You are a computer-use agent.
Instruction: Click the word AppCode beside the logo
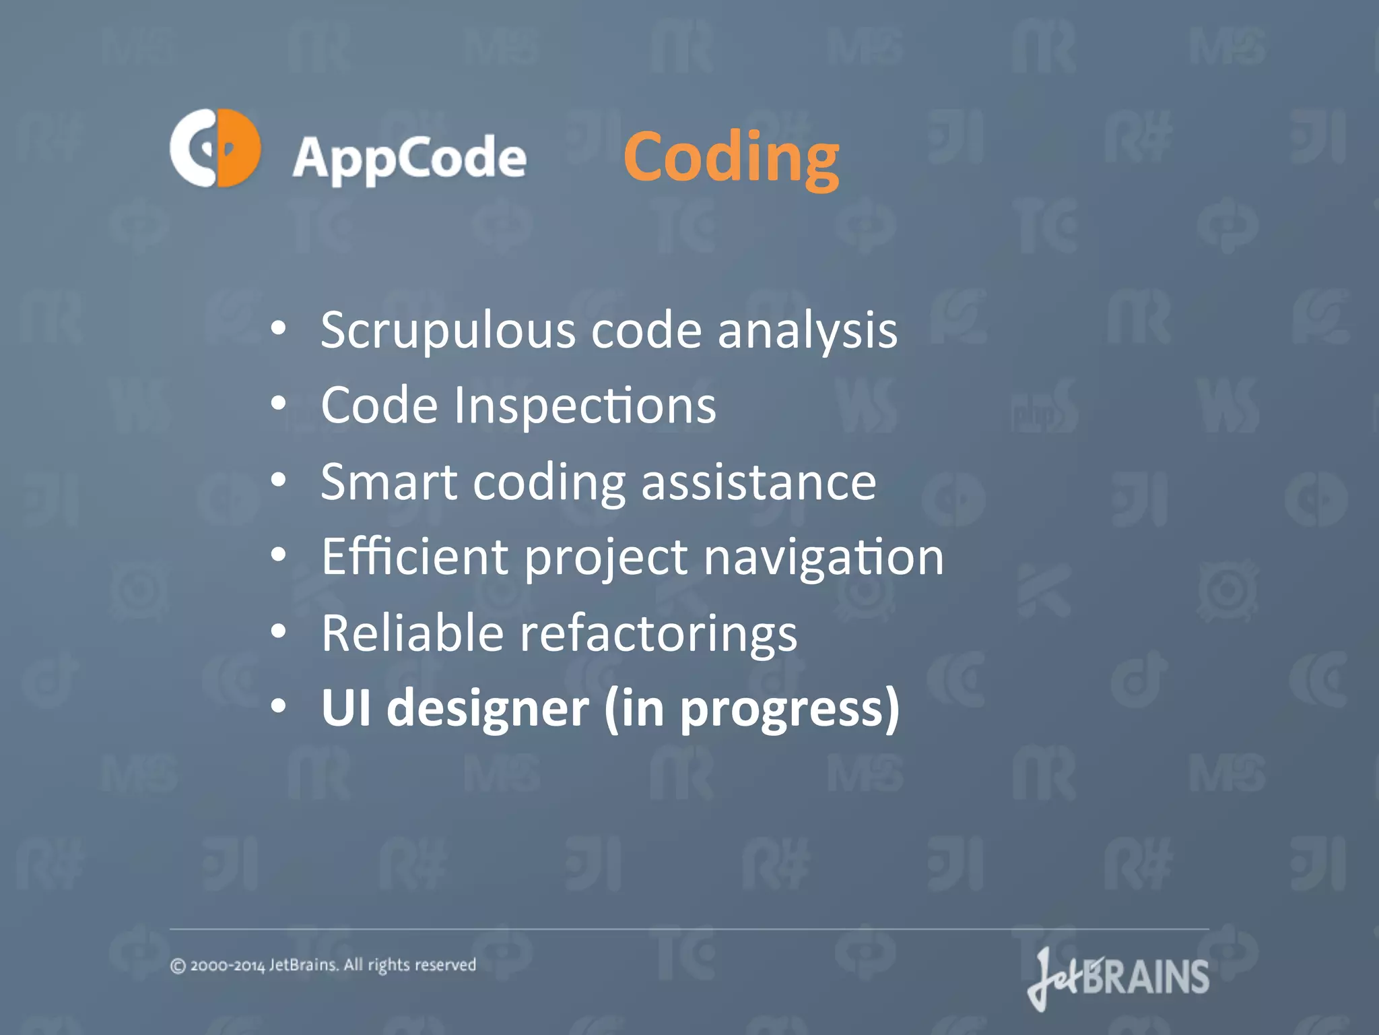409,159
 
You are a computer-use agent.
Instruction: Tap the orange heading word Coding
731,158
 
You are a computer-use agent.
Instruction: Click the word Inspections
584,406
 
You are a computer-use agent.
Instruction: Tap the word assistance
758,482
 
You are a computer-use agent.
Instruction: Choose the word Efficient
415,558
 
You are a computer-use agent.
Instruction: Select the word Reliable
412,633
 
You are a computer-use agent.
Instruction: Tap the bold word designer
487,709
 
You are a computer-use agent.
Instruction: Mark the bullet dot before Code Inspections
279,404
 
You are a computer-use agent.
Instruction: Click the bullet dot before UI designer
279,707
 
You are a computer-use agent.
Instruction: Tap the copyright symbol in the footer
178,966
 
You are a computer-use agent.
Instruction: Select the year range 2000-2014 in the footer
228,966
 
